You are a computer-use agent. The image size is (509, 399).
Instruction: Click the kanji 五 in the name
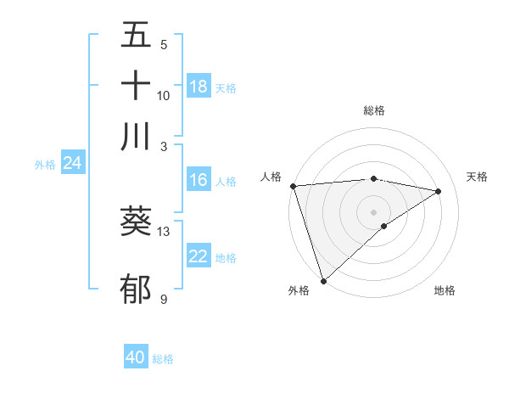(x=136, y=37)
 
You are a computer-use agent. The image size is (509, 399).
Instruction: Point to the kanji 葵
(x=136, y=222)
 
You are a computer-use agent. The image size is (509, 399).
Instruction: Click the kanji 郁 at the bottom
(x=136, y=289)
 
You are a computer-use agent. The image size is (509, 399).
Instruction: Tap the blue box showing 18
(x=199, y=87)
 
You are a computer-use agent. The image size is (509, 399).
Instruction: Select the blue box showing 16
(x=199, y=180)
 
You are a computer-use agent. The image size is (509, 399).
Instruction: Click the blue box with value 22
(x=199, y=256)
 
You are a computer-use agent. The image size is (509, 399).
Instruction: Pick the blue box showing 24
(x=72, y=163)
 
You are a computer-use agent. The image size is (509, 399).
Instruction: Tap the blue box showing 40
(x=136, y=357)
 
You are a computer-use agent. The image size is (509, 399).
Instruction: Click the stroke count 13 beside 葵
(x=164, y=231)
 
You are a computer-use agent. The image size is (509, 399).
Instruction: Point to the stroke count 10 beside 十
(x=164, y=95)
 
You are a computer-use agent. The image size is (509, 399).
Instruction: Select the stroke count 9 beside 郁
(x=164, y=299)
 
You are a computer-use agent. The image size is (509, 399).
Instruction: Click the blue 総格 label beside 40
(x=163, y=359)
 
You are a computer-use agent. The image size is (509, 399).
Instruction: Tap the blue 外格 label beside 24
(x=44, y=165)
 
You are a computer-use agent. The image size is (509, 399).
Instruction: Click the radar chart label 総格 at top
(x=374, y=110)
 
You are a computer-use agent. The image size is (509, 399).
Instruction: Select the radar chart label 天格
(x=477, y=177)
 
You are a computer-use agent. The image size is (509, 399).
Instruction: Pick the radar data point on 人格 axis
(x=293, y=185)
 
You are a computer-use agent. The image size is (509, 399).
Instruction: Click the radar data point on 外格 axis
(x=323, y=280)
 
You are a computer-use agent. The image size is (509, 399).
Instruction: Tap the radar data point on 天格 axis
(x=439, y=191)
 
